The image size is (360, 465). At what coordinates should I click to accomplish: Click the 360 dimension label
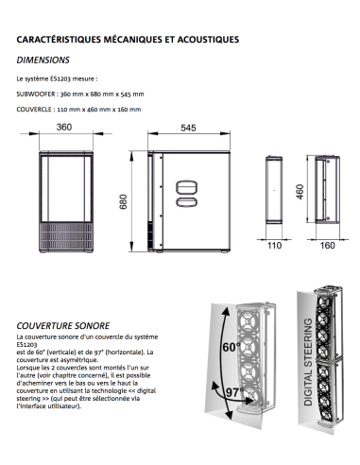pos(64,127)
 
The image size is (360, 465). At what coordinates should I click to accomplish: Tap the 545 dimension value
pos(188,128)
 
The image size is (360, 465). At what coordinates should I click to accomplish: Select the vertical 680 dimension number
pos(123,202)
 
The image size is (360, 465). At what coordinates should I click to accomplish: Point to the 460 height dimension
pos(300,192)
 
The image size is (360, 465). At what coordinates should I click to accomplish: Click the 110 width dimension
pos(274,245)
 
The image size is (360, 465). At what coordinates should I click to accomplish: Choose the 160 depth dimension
pos(327,245)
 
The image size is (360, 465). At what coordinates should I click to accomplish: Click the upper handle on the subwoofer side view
pos(186,188)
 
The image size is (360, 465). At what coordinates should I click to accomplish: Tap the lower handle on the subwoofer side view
pos(186,202)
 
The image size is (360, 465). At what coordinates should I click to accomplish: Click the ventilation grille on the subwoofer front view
pos(66,236)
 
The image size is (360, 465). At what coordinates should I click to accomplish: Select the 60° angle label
pos(231,347)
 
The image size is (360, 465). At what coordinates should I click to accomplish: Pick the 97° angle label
pos(235,392)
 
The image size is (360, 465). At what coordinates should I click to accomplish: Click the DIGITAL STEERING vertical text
pos(308,362)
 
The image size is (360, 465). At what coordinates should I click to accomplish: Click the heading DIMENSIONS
pos(43,60)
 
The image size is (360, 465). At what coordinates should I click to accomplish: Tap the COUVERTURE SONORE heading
pos(63,325)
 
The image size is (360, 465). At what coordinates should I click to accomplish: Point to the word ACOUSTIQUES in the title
pos(208,40)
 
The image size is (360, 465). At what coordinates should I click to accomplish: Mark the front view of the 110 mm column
pos(274,190)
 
